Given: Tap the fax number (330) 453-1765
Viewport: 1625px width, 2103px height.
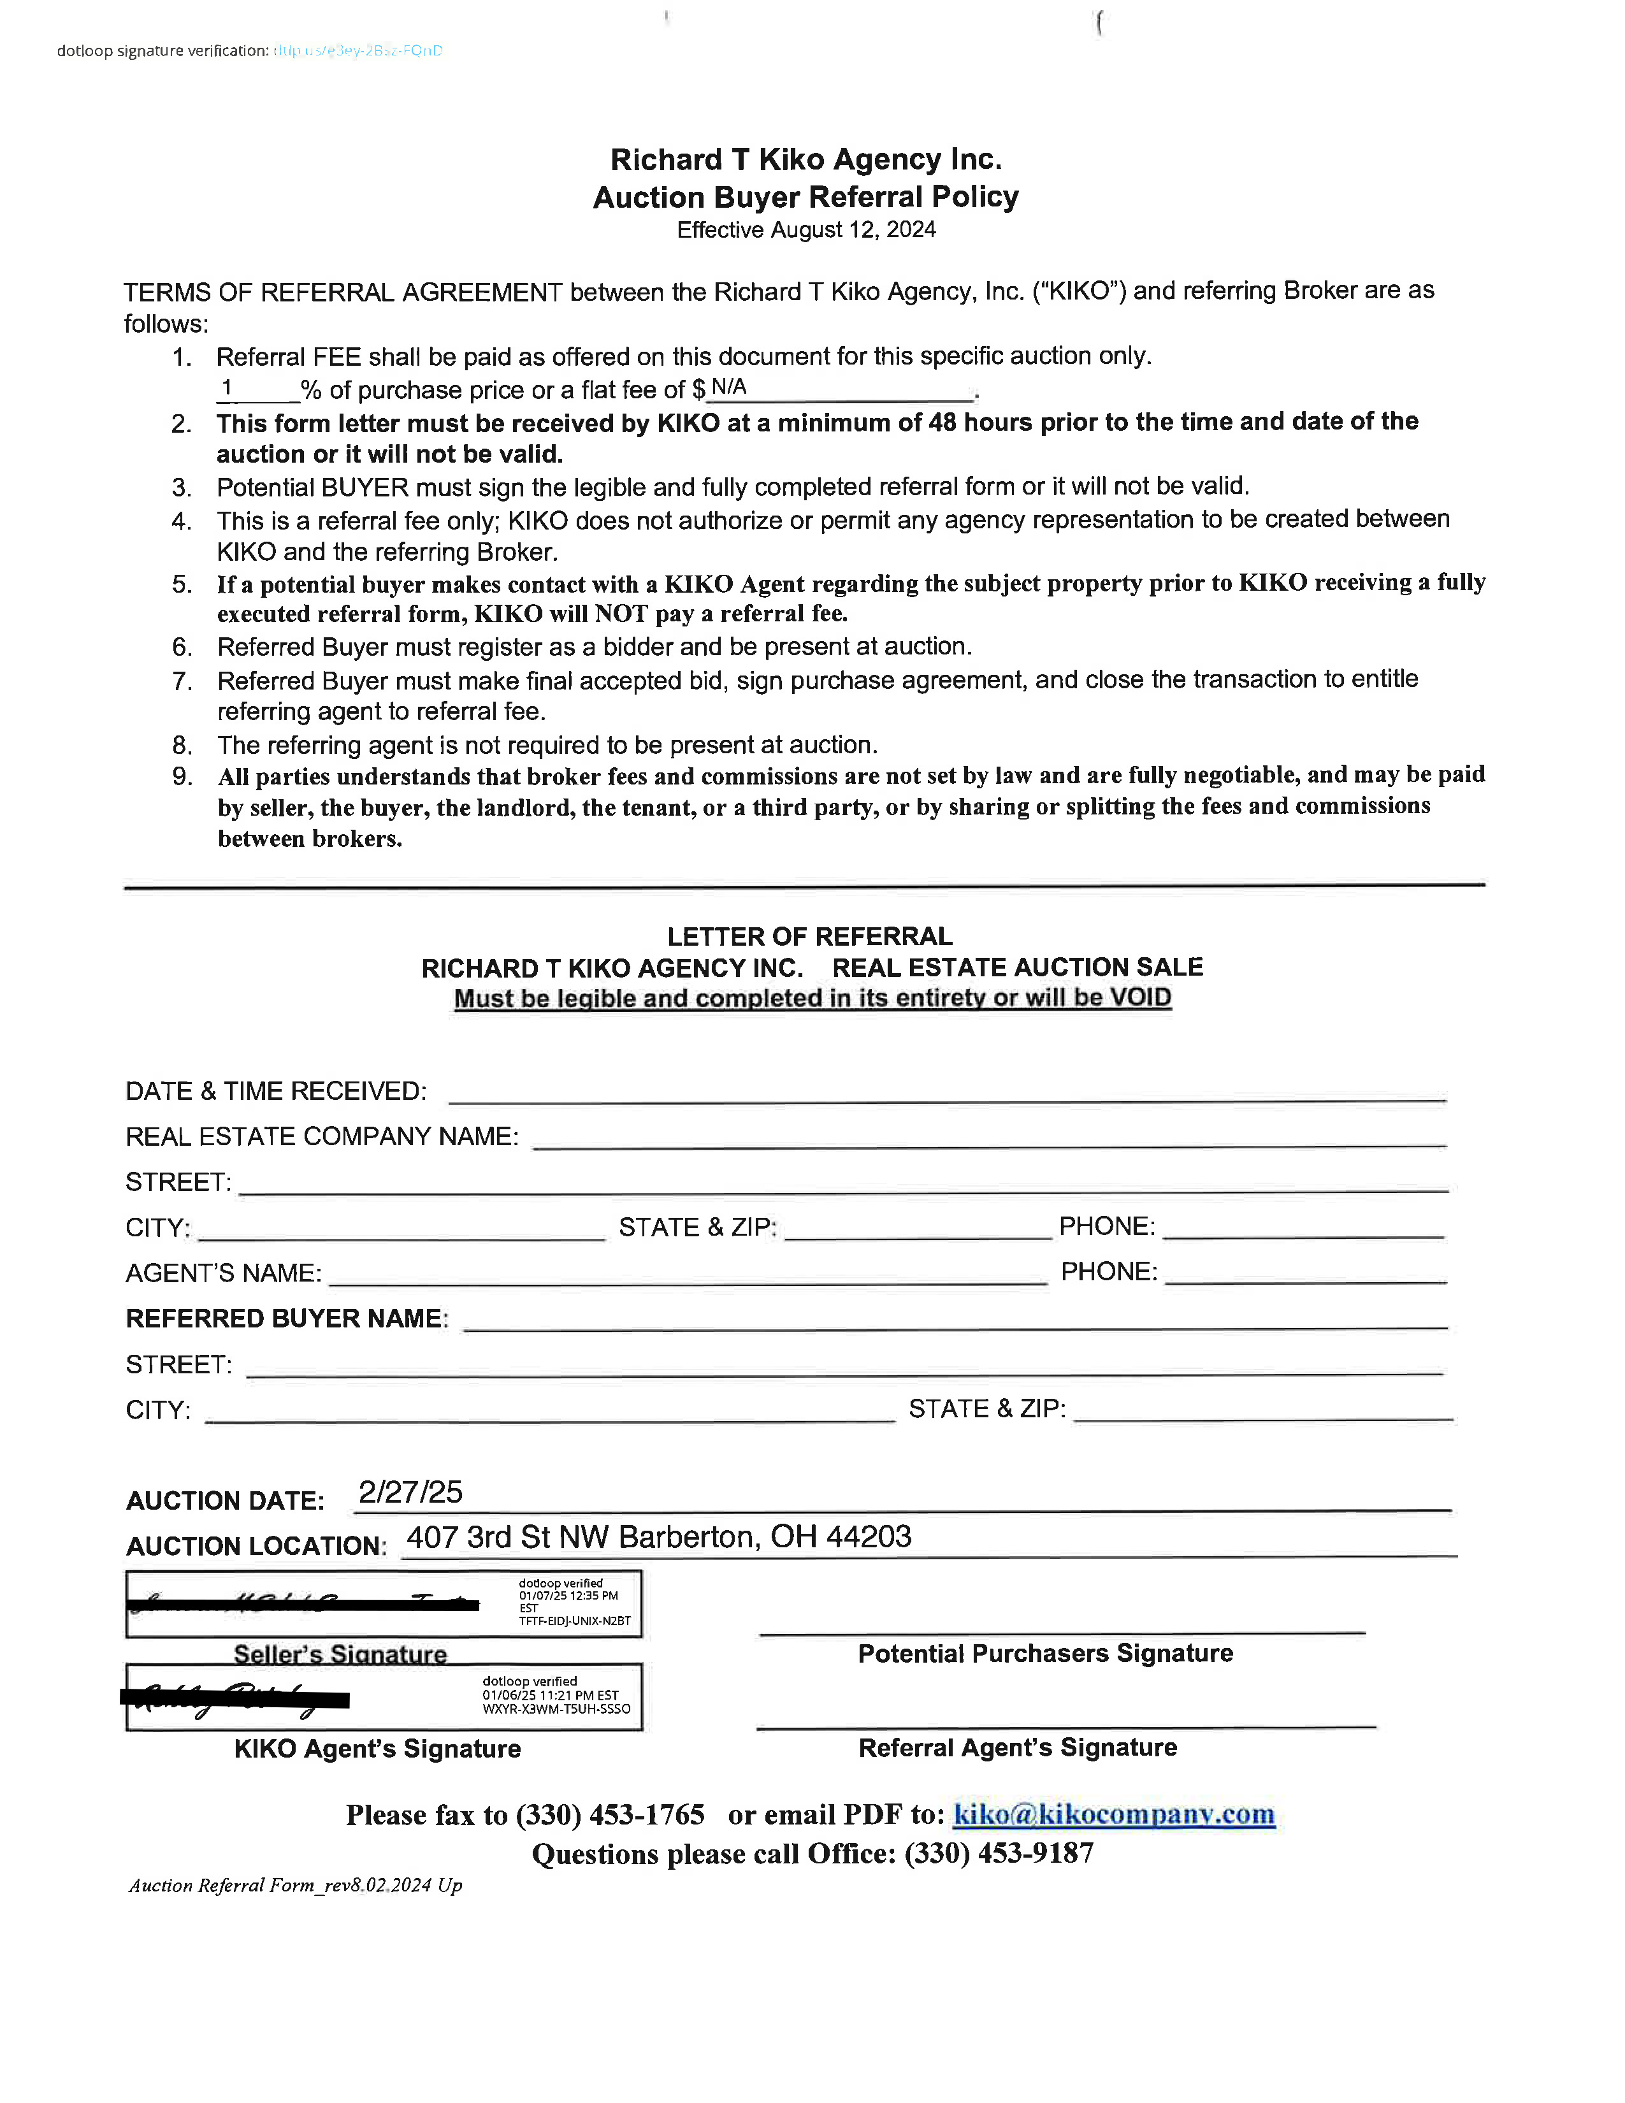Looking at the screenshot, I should (610, 1815).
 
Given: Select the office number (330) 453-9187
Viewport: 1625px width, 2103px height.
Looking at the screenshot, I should (999, 1854).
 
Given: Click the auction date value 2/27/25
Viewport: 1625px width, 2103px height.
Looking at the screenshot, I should (410, 1492).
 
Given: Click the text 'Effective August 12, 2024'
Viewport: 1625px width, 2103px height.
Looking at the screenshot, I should (805, 229).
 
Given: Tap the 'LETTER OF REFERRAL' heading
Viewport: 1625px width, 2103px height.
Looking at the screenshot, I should (809, 936).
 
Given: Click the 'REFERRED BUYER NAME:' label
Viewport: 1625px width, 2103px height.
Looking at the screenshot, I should (287, 1319).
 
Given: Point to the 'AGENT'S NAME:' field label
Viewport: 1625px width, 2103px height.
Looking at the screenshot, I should (223, 1273).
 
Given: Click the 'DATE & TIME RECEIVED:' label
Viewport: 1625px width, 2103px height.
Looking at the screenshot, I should (275, 1091).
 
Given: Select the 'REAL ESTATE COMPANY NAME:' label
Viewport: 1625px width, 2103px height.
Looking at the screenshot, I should (322, 1136).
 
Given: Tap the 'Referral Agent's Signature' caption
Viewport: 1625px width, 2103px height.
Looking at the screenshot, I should (1018, 1747).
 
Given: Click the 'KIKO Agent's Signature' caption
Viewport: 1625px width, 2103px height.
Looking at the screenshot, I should (377, 1749).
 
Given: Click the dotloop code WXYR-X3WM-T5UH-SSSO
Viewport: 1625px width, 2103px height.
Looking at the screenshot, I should (556, 1709).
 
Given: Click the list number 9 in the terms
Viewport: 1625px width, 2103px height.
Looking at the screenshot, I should (182, 776).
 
